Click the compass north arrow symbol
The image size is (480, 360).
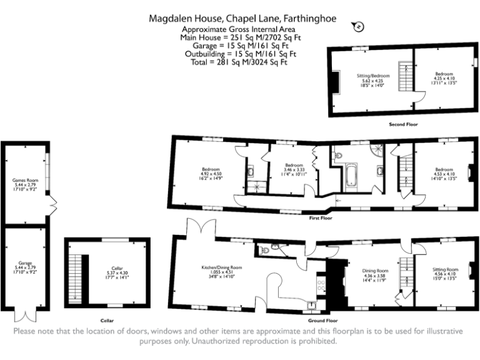(357, 26)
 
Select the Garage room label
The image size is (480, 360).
(25, 263)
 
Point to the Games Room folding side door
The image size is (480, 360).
(53, 204)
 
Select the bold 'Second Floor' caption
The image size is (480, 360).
(403, 124)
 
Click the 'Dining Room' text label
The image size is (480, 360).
(376, 271)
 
